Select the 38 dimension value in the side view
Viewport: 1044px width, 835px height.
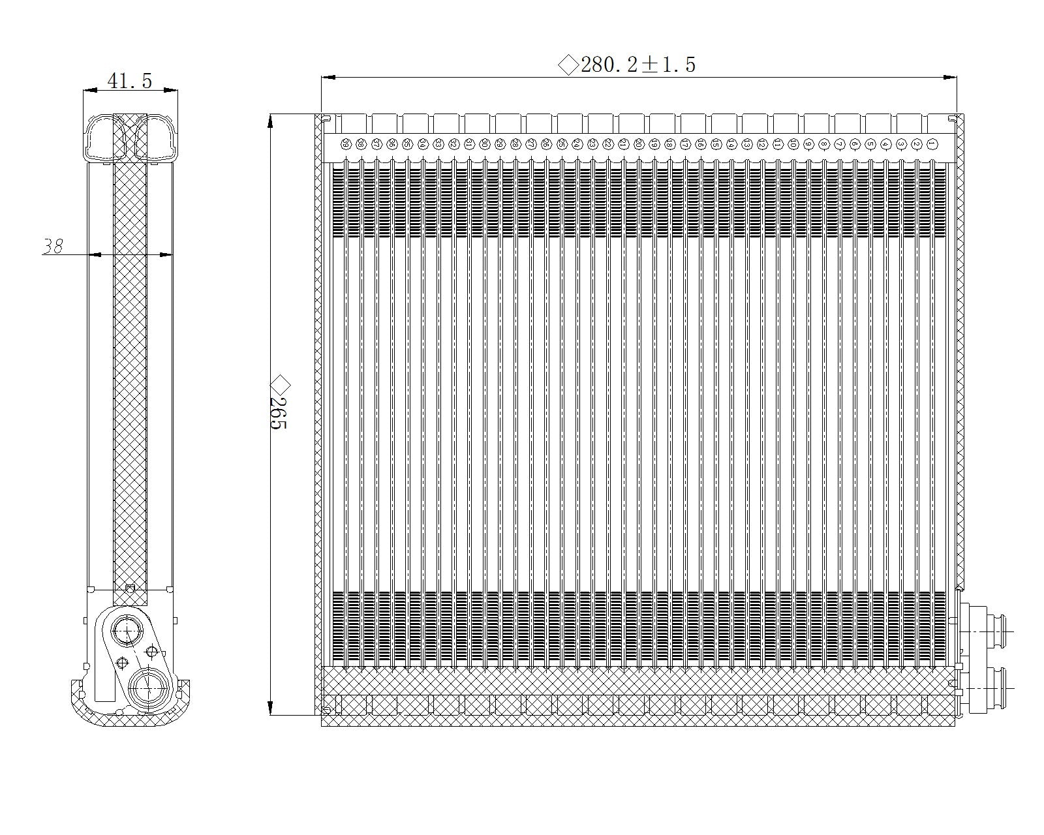tap(53, 247)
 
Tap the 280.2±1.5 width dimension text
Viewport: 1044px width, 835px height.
tap(637, 65)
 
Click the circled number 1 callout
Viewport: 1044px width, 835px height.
tap(932, 144)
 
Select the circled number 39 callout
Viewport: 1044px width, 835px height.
tap(345, 144)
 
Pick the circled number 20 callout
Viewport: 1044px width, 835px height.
tap(638, 144)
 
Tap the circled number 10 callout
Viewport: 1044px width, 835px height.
tap(793, 144)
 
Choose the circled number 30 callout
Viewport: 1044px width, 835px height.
tap(484, 144)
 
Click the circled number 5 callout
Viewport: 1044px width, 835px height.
tap(870, 144)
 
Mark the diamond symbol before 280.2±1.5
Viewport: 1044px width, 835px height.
tap(568, 65)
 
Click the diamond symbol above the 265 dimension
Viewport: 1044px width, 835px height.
tap(279, 382)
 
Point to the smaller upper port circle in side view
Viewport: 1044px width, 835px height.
tap(125, 630)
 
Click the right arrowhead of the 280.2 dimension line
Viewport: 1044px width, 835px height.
tap(952, 77)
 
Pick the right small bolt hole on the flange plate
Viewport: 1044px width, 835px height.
tap(152, 650)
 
